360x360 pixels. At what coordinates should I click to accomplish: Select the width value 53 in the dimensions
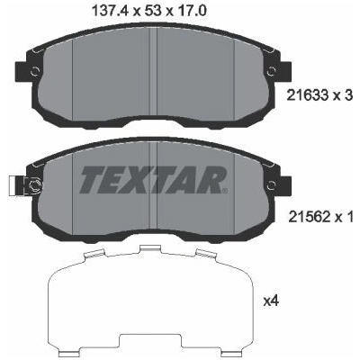pos(153,12)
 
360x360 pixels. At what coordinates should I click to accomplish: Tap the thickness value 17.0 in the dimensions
pos(193,12)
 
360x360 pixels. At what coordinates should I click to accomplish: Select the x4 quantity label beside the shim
pos(271,301)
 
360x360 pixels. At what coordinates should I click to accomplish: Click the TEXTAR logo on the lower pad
pos(151,180)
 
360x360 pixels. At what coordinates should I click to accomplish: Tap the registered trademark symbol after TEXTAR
pos(224,190)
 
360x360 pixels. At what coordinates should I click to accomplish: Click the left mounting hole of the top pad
pos(35,71)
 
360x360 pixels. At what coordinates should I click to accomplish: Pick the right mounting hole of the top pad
pos(272,71)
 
